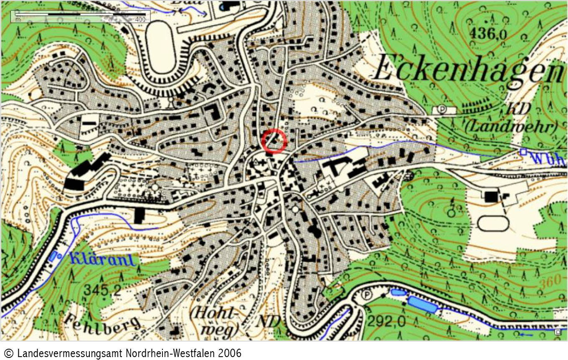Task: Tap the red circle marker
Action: pyautogui.click(x=274, y=141)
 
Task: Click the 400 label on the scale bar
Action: pyautogui.click(x=140, y=20)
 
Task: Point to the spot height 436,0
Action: pyautogui.click(x=489, y=33)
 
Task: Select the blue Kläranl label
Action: pyautogui.click(x=103, y=259)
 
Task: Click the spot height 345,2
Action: pyautogui.click(x=102, y=289)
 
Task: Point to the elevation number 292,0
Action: pyautogui.click(x=386, y=322)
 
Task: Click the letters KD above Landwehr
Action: pyautogui.click(x=518, y=109)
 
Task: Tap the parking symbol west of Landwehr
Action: pyautogui.click(x=441, y=109)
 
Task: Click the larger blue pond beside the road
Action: pyautogui.click(x=422, y=305)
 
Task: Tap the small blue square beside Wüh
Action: pyautogui.click(x=523, y=152)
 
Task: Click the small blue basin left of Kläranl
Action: pyautogui.click(x=53, y=256)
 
